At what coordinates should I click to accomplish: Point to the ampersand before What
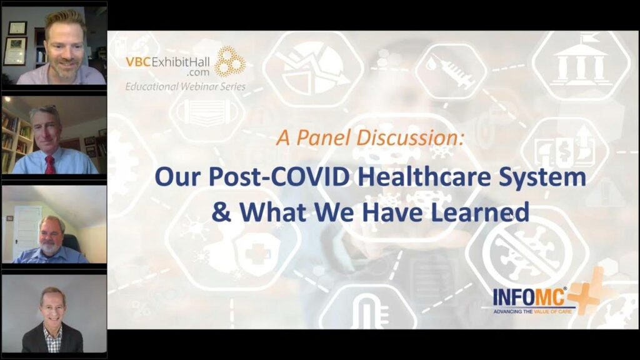coord(221,212)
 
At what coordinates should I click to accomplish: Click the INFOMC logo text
coord(529,297)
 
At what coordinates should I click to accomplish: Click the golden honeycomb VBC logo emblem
coord(230,61)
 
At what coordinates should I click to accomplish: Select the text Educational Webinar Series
coord(185,86)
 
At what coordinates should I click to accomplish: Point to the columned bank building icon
coord(582,62)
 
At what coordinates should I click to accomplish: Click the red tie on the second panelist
coord(50,164)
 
